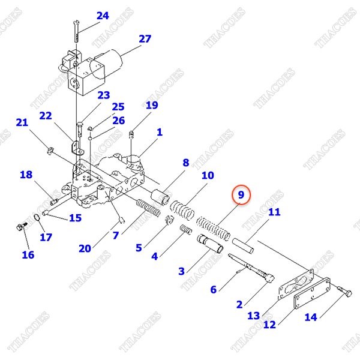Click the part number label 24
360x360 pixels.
pyautogui.click(x=103, y=16)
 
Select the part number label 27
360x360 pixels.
pyautogui.click(x=145, y=40)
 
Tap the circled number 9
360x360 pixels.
pyautogui.click(x=240, y=195)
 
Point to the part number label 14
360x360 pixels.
pyautogui.click(x=310, y=317)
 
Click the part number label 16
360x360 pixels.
pyautogui.click(x=28, y=255)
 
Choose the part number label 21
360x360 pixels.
pyautogui.click(x=22, y=123)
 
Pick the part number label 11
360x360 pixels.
pyautogui.click(x=274, y=212)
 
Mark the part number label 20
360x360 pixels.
pyautogui.click(x=85, y=248)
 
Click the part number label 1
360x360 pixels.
pyautogui.click(x=160, y=132)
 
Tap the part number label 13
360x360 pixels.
pyautogui.click(x=253, y=315)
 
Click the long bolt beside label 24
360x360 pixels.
pyautogui.click(x=77, y=29)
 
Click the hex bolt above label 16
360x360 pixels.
pyautogui.click(x=20, y=227)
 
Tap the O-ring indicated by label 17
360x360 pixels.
pyautogui.click(x=36, y=217)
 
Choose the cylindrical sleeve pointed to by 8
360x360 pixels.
pyautogui.click(x=160, y=197)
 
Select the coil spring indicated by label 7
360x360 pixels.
pyautogui.click(x=148, y=209)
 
